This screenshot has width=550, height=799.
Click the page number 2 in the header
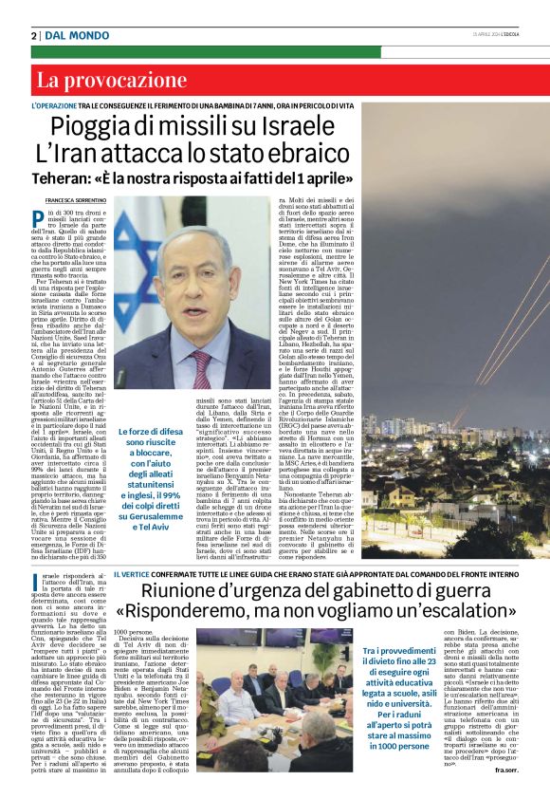point(34,35)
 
